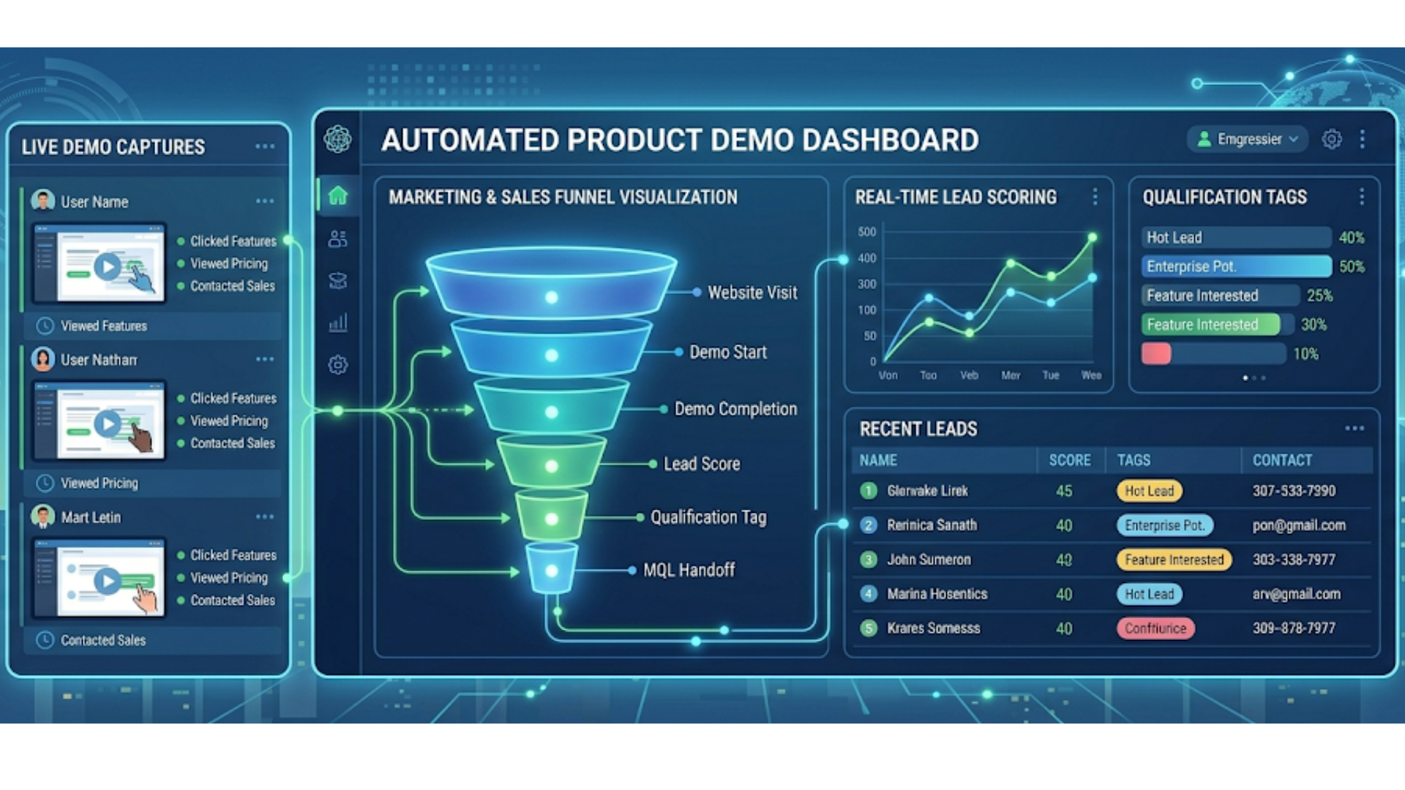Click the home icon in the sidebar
click(x=337, y=196)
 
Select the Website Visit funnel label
click(x=752, y=293)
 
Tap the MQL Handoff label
click(x=689, y=571)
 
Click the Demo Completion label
click(x=735, y=409)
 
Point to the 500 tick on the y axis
click(x=866, y=232)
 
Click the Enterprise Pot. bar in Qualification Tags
click(x=1236, y=266)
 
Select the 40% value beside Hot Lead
click(x=1351, y=238)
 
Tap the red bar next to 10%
click(x=1156, y=354)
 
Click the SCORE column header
click(x=1069, y=460)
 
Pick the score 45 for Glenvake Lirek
click(x=1064, y=491)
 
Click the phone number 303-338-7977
click(x=1293, y=560)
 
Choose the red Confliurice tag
click(x=1155, y=628)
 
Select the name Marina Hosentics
click(x=937, y=594)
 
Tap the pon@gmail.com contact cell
click(x=1298, y=525)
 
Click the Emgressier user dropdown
click(x=1248, y=139)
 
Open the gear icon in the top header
click(x=1332, y=139)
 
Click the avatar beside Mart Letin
click(x=43, y=516)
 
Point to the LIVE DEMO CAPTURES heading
click(x=113, y=147)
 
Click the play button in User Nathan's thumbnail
click(x=108, y=424)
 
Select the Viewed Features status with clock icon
click(x=103, y=326)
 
